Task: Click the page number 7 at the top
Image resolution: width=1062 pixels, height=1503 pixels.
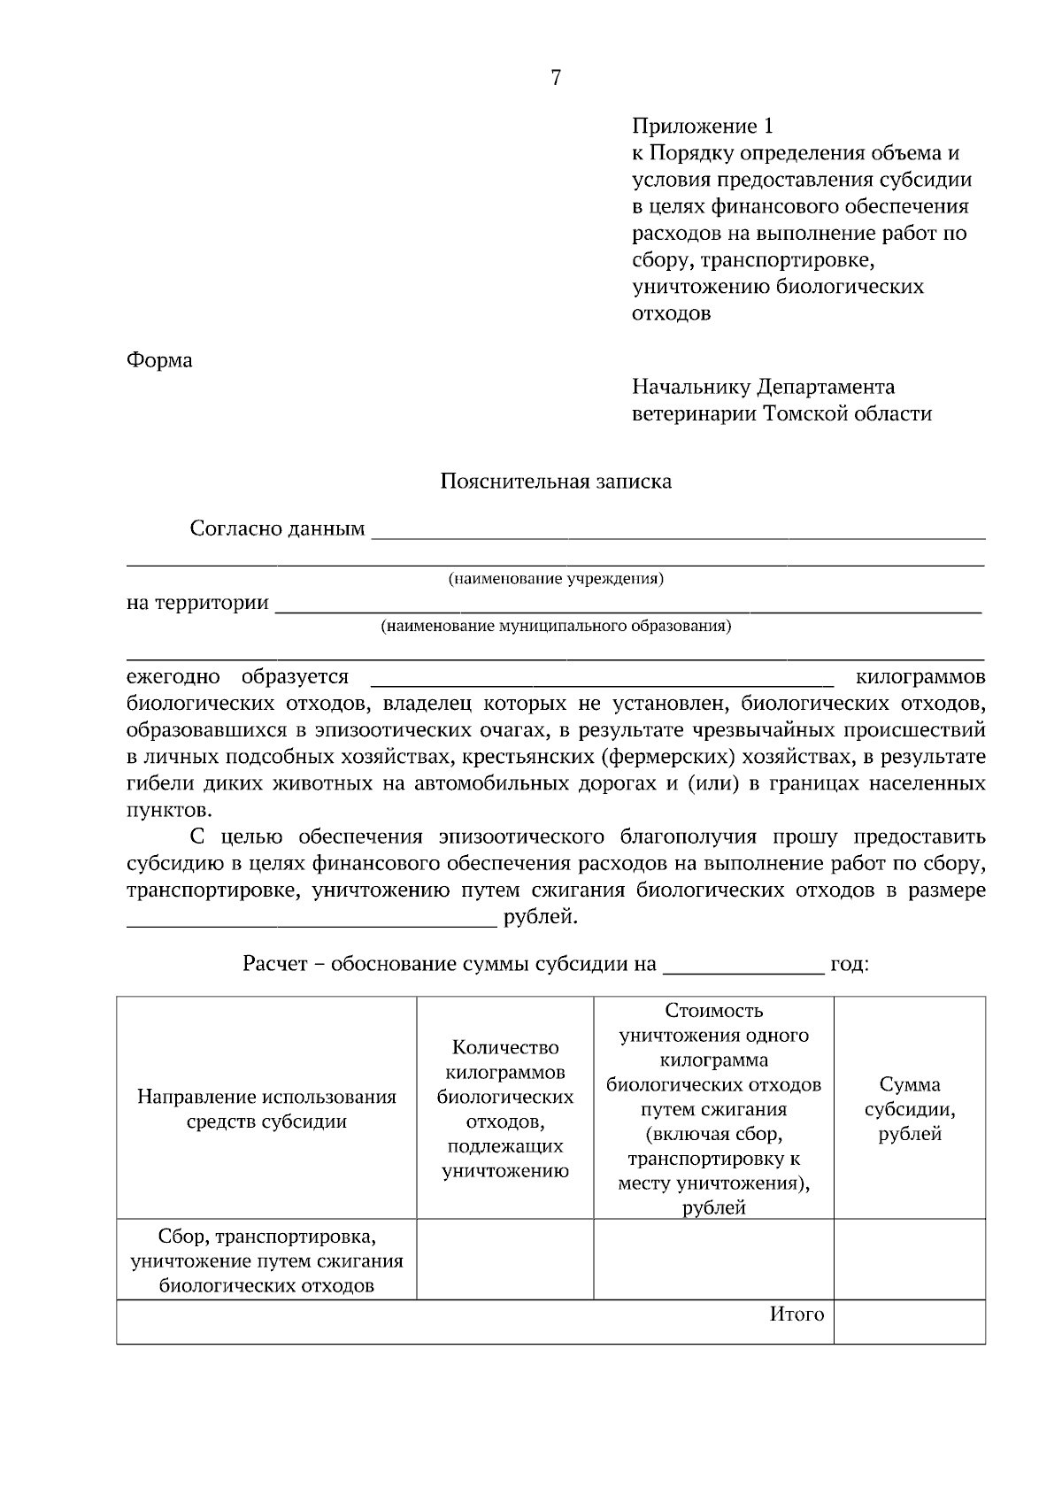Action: click(556, 79)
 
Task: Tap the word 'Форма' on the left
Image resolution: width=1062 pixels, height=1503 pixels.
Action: click(159, 361)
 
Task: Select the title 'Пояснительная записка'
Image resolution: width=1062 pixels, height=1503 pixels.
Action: click(556, 482)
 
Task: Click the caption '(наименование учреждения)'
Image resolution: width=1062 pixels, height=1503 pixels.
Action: click(556, 579)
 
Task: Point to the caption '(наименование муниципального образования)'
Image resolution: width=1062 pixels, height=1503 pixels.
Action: click(556, 627)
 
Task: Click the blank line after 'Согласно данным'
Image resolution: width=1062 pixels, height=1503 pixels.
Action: click(678, 533)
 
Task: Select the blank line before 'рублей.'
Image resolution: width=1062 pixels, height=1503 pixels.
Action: click(312, 922)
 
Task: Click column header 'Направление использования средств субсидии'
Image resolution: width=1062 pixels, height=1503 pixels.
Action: click(266, 1109)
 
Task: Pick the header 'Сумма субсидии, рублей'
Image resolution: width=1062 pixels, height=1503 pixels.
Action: click(910, 1109)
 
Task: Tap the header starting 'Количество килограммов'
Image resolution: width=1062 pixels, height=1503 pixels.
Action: click(505, 1109)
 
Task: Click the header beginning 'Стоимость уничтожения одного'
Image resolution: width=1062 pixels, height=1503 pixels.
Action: click(713, 1108)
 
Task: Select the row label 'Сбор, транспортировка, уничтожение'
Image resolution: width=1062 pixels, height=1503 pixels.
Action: click(266, 1260)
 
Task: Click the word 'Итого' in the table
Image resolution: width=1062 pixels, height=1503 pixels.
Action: click(796, 1314)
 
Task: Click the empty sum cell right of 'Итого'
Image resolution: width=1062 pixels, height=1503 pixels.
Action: click(910, 1322)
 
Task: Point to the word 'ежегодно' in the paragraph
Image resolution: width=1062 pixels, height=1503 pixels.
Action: click(173, 677)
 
